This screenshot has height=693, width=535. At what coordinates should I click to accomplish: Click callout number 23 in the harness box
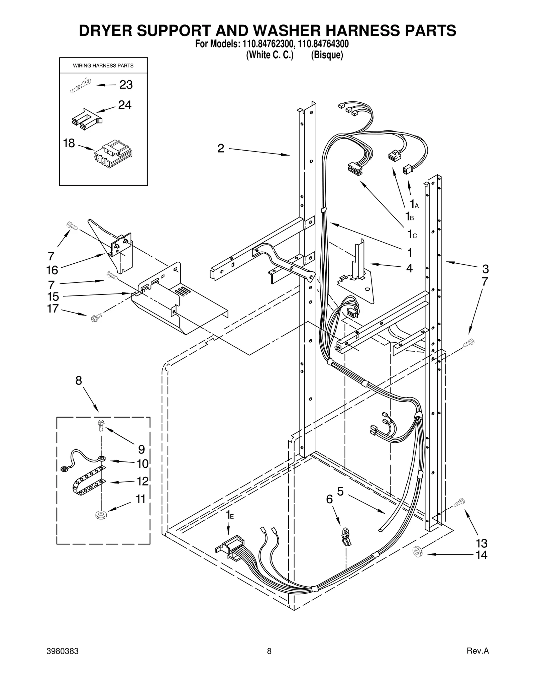[x=126, y=85]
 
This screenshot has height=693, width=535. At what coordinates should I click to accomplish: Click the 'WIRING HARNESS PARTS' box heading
[x=103, y=66]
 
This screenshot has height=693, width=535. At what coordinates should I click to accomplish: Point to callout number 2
[x=221, y=148]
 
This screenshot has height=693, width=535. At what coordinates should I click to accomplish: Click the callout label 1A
[x=414, y=203]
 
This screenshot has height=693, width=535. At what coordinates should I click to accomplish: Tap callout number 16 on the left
[x=52, y=270]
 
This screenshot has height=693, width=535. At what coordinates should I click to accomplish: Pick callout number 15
[x=53, y=296]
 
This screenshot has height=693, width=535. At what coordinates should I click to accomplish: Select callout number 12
[x=142, y=481]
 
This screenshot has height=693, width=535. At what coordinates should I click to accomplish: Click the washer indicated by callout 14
[x=417, y=551]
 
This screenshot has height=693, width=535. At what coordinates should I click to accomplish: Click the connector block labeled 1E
[x=230, y=549]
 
